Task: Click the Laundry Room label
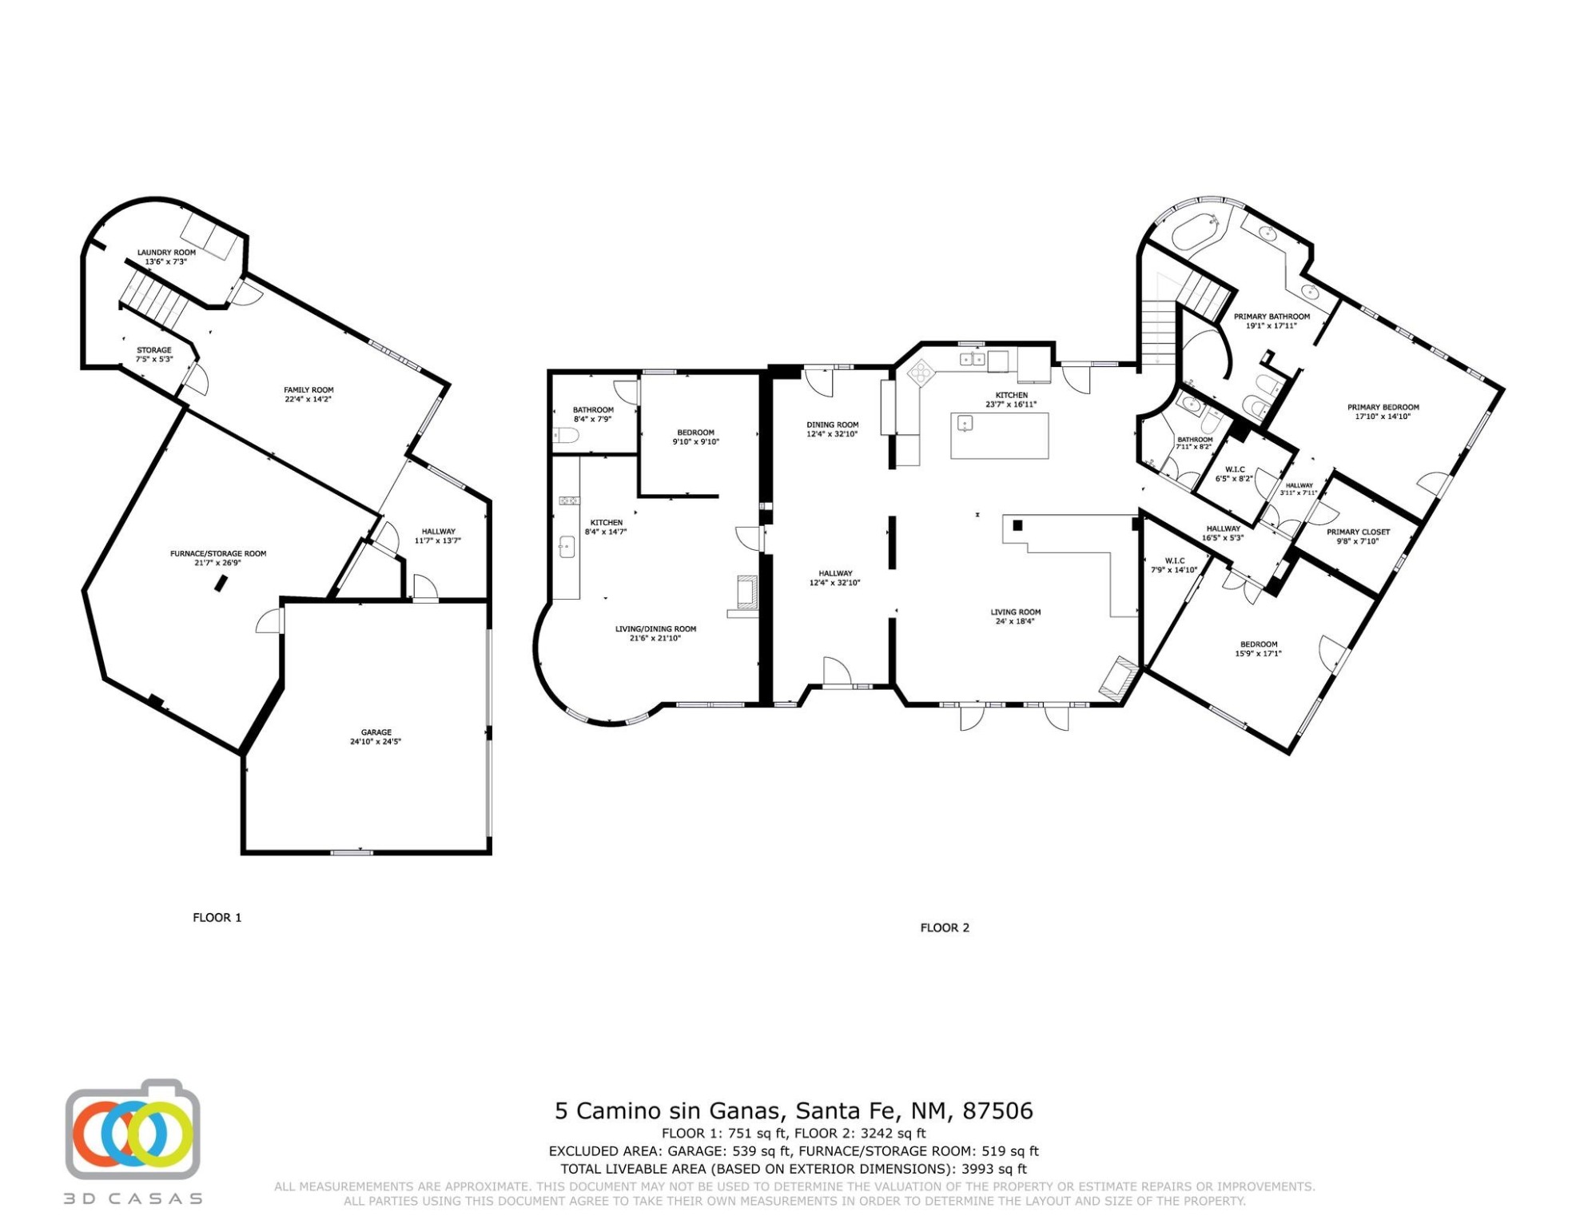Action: pos(166,253)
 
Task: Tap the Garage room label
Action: pos(376,732)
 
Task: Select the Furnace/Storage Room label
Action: pos(218,553)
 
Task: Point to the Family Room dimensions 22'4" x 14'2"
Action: pos(308,399)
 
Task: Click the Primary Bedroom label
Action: pos(1383,407)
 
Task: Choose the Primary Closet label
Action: pos(1358,532)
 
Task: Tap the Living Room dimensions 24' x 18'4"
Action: pos(1015,621)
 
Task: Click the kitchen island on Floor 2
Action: pos(999,436)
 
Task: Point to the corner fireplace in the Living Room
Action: pos(1119,676)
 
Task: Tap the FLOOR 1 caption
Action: pos(217,918)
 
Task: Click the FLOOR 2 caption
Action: pos(945,928)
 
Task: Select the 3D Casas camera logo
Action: pos(133,1129)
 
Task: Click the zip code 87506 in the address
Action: pos(997,1111)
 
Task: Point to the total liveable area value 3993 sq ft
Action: pos(993,1170)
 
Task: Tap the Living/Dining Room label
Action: pos(655,629)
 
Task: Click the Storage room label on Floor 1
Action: pos(153,350)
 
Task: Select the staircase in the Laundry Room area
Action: pos(153,299)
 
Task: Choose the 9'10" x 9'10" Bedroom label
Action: pos(695,433)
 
